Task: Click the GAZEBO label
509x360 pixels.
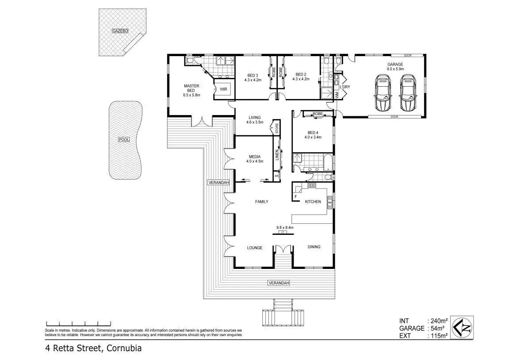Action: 120,31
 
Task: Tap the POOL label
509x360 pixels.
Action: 124,140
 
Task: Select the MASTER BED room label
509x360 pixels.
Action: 191,88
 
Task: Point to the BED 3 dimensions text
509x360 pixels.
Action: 253,80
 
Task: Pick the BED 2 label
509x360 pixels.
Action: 301,74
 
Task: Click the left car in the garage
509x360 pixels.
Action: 383,92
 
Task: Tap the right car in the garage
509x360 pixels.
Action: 408,92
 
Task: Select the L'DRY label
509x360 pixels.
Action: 345,87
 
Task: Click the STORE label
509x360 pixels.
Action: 277,127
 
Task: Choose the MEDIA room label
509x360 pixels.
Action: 254,157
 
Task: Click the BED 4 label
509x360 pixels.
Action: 313,132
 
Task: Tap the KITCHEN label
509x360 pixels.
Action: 313,202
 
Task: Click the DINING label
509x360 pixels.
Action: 314,247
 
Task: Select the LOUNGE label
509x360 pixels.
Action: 254,248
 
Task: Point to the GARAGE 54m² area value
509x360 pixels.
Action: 438,328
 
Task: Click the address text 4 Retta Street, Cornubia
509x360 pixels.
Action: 93,348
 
